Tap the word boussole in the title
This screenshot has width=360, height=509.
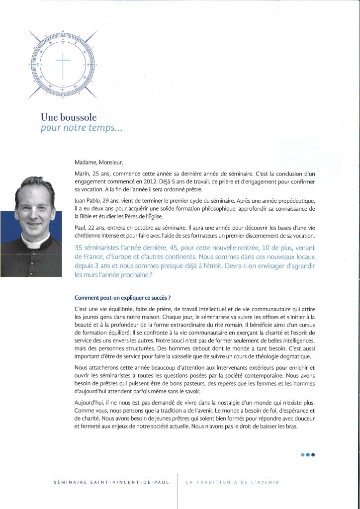[80, 118]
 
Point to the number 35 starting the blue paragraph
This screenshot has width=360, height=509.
[79, 248]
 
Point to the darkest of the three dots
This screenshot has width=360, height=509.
[313, 454]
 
